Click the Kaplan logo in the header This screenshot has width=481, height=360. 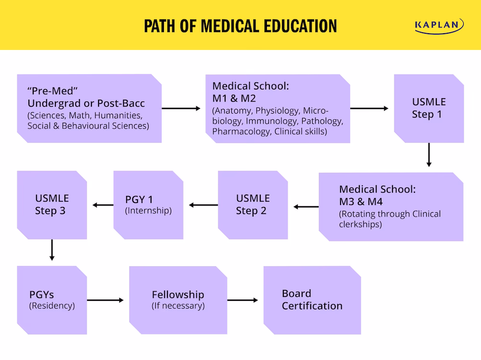click(x=439, y=26)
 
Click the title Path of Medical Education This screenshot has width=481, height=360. click(x=240, y=26)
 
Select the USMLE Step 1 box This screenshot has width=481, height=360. click(x=429, y=108)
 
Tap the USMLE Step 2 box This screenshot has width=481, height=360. click(x=253, y=205)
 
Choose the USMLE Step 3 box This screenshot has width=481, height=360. click(x=52, y=205)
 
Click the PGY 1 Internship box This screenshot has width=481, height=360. click(x=148, y=205)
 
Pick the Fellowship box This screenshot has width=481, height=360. click(x=178, y=300)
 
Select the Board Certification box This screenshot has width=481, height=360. click(x=312, y=300)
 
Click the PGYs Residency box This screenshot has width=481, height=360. click(x=52, y=300)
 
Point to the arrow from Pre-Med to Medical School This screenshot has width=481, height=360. click(x=181, y=108)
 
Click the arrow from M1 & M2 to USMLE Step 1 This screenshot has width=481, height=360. click(x=369, y=108)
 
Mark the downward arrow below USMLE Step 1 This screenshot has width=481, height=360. click(x=429, y=155)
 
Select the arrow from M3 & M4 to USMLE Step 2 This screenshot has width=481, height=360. click(x=306, y=207)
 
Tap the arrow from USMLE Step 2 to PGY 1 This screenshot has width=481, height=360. click(x=203, y=205)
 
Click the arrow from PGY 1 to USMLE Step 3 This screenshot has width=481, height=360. click(x=103, y=205)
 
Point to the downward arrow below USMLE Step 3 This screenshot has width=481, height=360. click(x=52, y=250)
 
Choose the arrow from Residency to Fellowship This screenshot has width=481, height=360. click(x=105, y=300)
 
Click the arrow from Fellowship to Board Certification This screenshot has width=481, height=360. click(x=242, y=300)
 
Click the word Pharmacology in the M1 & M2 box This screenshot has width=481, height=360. click(x=241, y=131)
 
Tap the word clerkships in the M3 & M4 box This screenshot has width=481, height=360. click(x=361, y=224)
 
